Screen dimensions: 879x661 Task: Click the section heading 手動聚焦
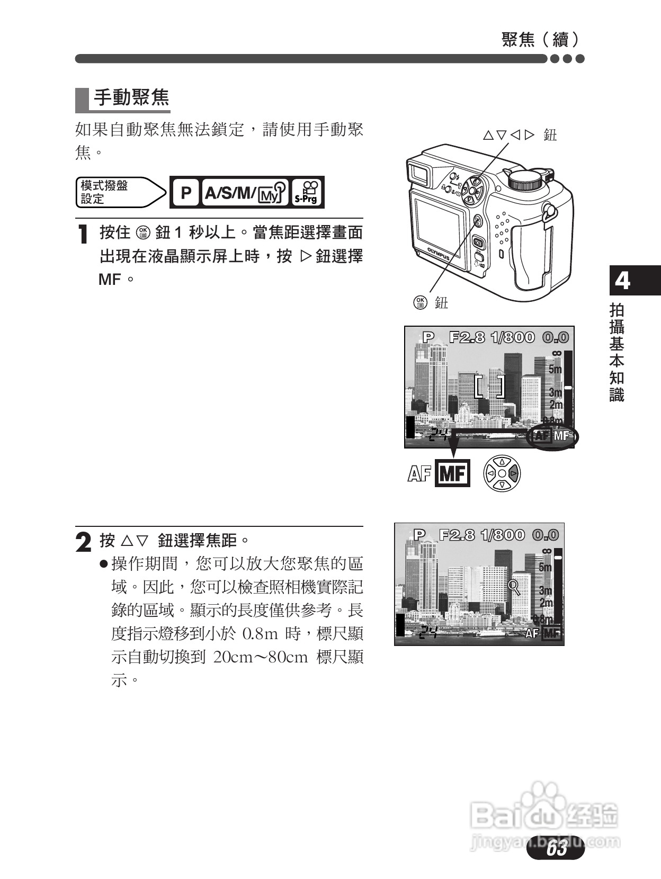[131, 97]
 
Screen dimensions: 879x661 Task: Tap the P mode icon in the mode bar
[185, 193]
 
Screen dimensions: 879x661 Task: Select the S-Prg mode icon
[307, 193]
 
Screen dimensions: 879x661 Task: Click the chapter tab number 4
[623, 280]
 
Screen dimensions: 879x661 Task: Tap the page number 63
[557, 849]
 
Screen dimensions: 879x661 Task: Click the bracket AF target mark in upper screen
[489, 387]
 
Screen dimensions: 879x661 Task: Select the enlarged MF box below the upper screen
[452, 473]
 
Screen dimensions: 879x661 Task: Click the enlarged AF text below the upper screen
[419, 473]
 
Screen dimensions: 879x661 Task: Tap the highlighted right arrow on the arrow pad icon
[513, 473]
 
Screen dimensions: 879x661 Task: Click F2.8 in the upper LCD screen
[466, 337]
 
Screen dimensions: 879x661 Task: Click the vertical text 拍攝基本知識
[617, 352]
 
